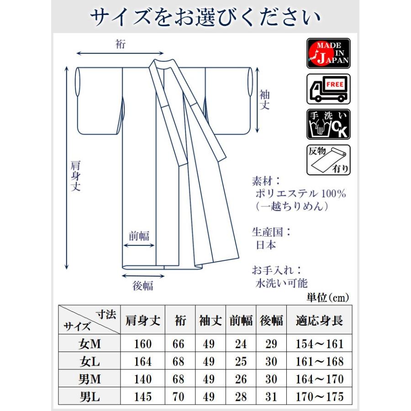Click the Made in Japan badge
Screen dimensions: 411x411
[328, 53]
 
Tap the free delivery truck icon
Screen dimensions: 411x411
[328, 89]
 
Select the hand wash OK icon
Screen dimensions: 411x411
[328, 124]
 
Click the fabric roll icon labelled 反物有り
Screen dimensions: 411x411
[328, 160]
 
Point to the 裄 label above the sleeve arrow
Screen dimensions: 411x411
[121, 44]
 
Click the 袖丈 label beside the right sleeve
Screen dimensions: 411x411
[265, 100]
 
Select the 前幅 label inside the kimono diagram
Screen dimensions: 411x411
[139, 236]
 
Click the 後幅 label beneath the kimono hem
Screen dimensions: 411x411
[142, 286]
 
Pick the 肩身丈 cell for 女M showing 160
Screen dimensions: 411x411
[143, 344]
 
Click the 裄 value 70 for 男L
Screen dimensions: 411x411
[179, 396]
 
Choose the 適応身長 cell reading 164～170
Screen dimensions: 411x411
[319, 379]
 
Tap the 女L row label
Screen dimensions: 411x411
[89, 362]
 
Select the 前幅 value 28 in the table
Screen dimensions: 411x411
[241, 396]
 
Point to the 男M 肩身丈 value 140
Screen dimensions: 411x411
[143, 379]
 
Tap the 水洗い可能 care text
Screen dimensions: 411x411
[282, 283]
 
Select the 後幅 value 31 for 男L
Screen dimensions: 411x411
[271, 396]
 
